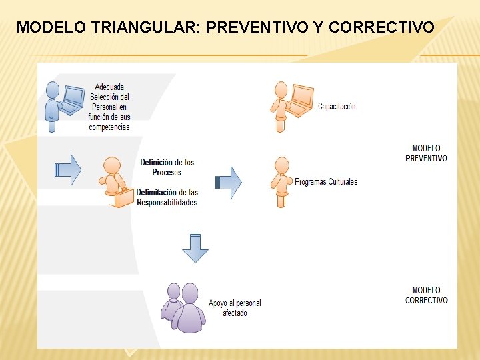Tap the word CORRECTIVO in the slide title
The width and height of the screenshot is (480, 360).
click(x=382, y=28)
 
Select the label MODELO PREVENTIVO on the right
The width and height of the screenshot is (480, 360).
click(x=426, y=153)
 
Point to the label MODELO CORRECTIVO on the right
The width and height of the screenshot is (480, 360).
click(x=426, y=295)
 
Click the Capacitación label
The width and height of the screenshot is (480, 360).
click(x=337, y=107)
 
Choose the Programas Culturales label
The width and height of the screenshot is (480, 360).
click(x=326, y=182)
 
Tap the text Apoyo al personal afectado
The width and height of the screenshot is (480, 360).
click(x=235, y=308)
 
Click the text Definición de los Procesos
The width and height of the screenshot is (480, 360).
click(x=167, y=167)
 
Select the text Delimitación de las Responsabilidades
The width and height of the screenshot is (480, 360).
click(x=167, y=197)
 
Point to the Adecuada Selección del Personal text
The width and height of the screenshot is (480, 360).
click(x=109, y=107)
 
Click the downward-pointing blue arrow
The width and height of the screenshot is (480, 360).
click(x=195, y=247)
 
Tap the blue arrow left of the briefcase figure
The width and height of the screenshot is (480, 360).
click(x=67, y=169)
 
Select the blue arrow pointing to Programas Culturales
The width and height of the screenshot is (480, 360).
click(x=229, y=182)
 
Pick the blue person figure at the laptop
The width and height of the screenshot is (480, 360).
click(x=53, y=107)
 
